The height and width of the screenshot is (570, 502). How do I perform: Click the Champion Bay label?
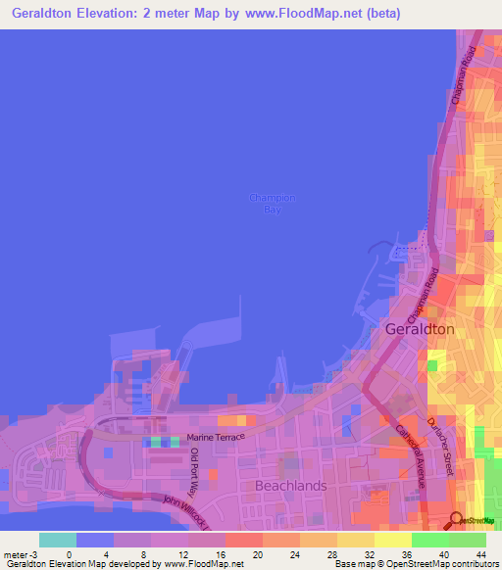point(272,203)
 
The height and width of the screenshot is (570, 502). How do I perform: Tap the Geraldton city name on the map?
point(419,329)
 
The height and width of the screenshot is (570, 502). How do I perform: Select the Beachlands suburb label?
point(290,485)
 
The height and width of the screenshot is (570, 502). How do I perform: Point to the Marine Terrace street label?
point(215,438)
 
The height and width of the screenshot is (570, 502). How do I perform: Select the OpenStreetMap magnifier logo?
point(457,519)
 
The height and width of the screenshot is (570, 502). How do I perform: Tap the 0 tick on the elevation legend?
point(69,553)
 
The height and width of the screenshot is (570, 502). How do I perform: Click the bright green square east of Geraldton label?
point(431,366)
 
